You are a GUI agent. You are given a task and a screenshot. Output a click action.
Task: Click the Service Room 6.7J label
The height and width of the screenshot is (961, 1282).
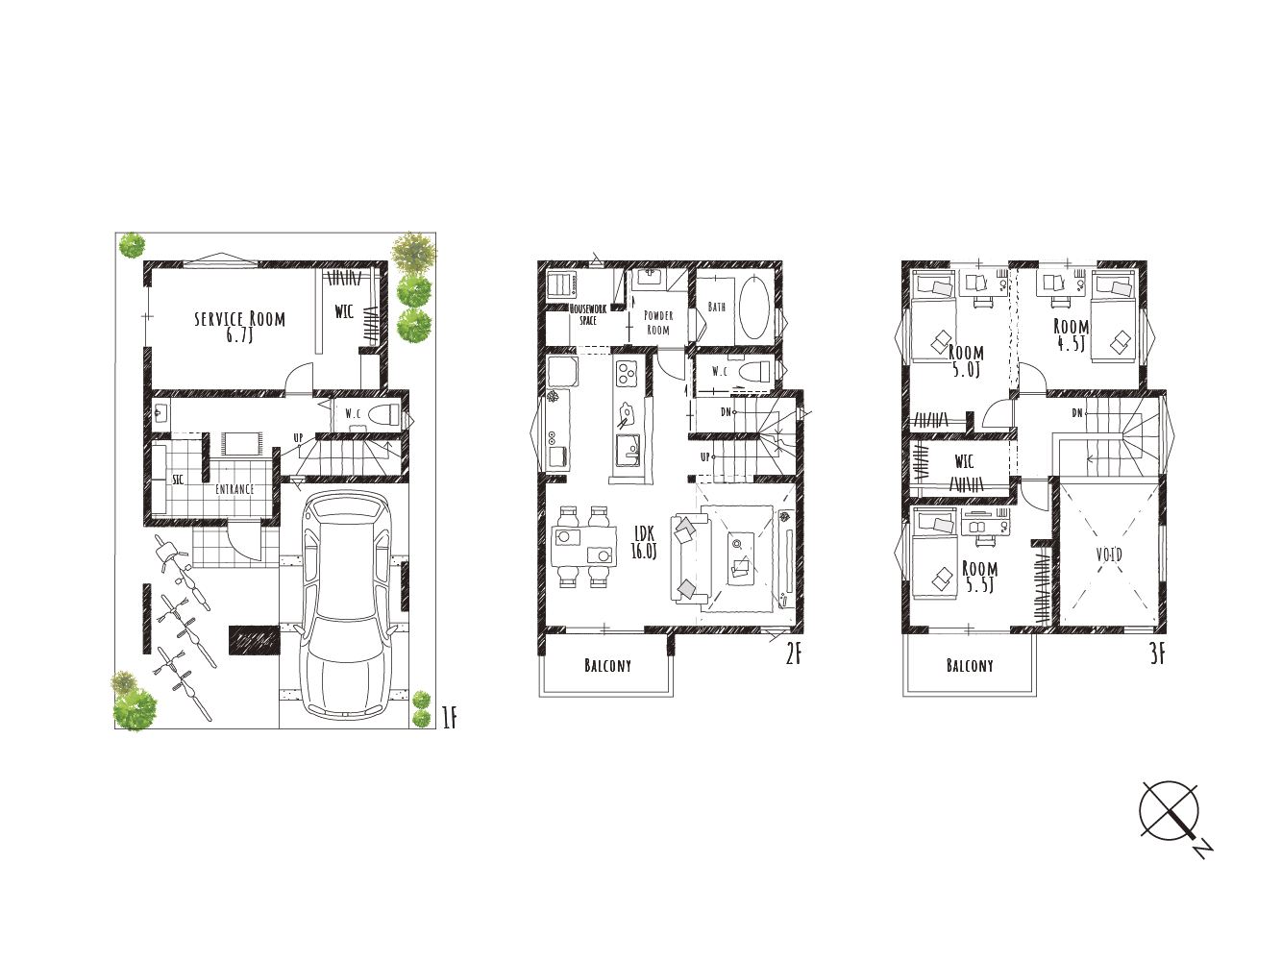click(x=239, y=327)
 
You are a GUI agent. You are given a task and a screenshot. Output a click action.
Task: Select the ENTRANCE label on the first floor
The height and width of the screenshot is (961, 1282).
click(x=234, y=489)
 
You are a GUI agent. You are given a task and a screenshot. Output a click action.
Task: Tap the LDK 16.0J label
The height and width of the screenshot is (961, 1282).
click(x=644, y=542)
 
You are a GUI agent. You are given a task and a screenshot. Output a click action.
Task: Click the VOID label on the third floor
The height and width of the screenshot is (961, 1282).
click(x=1109, y=554)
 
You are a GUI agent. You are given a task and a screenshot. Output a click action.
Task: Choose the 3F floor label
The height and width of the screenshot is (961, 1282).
click(x=1158, y=654)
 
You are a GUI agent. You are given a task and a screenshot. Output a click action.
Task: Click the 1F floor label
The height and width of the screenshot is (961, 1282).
click(x=449, y=718)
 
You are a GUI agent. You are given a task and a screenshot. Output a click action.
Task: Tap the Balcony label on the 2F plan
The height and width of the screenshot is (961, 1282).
click(x=607, y=666)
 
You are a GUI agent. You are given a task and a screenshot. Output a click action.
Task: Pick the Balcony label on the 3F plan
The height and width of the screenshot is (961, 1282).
click(x=970, y=666)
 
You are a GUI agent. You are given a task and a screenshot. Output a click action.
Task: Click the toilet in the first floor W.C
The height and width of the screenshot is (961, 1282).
click(x=384, y=414)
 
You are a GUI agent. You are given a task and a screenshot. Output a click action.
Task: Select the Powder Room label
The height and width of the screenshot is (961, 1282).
click(x=658, y=323)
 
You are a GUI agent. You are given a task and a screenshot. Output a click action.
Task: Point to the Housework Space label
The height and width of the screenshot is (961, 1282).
click(x=588, y=314)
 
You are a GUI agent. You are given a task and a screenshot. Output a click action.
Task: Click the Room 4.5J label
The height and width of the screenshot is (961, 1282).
click(x=1072, y=334)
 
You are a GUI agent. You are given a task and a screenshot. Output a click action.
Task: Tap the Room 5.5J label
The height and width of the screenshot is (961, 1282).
click(x=980, y=577)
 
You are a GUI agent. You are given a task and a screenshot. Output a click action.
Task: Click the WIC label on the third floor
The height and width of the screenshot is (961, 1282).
click(x=964, y=462)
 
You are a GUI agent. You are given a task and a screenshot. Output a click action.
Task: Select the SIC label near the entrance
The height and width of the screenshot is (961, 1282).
click(x=178, y=480)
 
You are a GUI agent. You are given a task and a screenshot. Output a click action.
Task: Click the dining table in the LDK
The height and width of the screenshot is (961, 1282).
click(x=583, y=546)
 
